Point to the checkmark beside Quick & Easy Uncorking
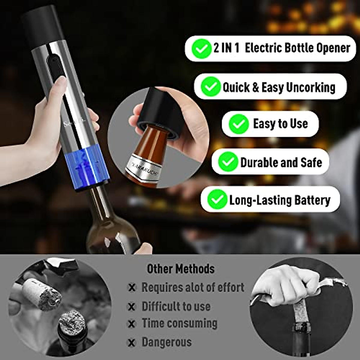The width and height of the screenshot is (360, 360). click(211, 87)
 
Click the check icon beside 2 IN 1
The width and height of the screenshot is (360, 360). click(201, 49)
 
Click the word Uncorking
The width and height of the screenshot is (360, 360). click(310, 87)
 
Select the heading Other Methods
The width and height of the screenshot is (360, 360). click(181, 268)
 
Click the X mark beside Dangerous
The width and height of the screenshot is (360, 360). click(131, 343)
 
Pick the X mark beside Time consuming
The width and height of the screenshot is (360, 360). click(131, 324)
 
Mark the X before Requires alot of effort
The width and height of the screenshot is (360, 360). click(131, 287)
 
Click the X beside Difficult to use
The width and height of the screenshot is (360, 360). click(131, 307)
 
